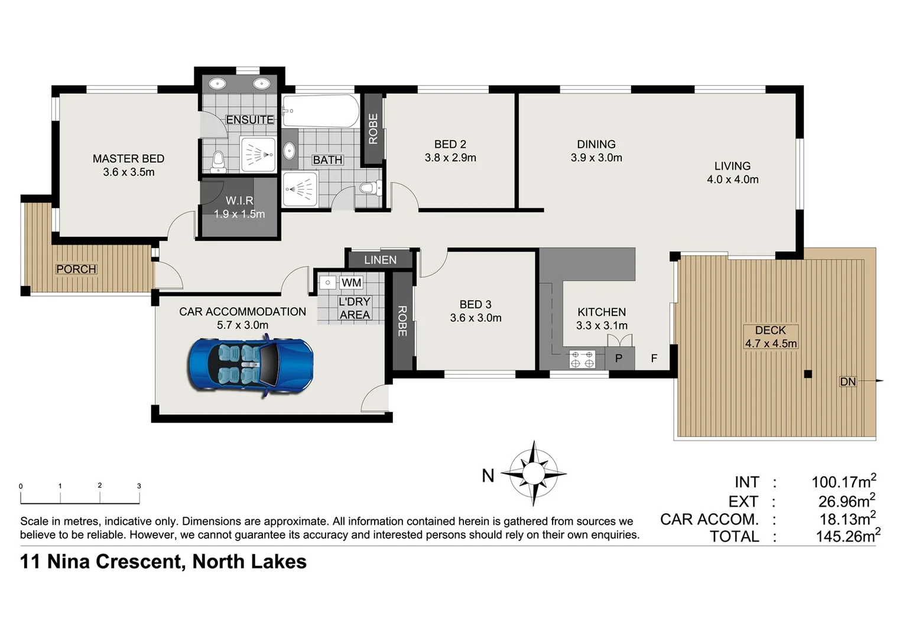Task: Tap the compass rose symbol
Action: [533, 473]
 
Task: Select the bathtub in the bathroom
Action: [320, 110]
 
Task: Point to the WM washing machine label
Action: [351, 283]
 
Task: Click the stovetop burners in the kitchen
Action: [582, 359]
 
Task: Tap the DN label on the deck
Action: [847, 382]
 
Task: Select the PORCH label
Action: [76, 269]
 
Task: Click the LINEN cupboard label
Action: [380, 260]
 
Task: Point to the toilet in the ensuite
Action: [218, 161]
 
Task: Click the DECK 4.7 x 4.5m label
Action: [771, 337]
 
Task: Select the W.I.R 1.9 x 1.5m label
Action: [239, 207]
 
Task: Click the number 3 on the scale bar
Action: [139, 486]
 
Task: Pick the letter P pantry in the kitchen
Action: [619, 358]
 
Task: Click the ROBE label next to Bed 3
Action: [402, 321]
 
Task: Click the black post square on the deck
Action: [808, 374]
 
